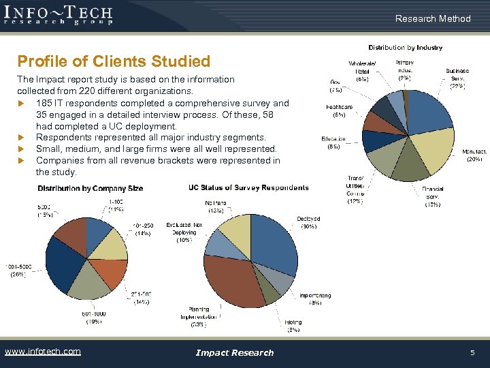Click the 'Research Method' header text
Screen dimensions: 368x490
433,18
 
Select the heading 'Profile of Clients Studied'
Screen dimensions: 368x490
114,61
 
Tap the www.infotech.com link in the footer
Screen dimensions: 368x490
42,352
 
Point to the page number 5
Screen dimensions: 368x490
471,352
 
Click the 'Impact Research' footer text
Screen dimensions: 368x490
234,352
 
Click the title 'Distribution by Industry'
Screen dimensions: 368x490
405,48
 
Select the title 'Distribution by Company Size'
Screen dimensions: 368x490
90,188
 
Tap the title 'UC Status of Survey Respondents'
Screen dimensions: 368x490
248,187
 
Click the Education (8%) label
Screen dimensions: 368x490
333,142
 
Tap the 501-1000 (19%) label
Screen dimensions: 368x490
96,318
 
